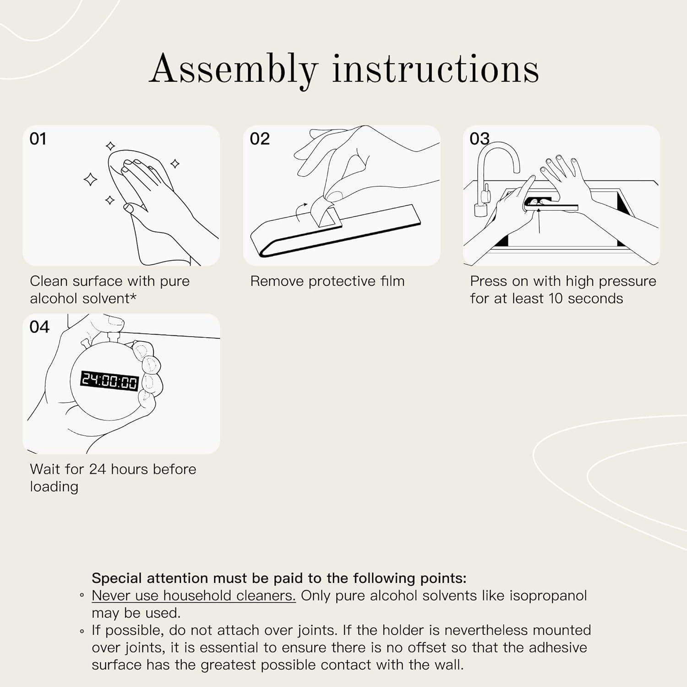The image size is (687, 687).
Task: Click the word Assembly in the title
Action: pos(234,70)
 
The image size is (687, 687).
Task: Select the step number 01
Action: pos(38,139)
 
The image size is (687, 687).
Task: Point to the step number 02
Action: pos(260,139)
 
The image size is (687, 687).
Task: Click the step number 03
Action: pos(480,139)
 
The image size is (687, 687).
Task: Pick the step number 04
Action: pos(39,327)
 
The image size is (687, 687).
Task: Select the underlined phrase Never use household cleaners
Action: pos(194,595)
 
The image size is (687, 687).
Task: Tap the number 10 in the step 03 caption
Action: pos(555,299)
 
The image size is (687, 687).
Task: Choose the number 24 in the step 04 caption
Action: pos(98,469)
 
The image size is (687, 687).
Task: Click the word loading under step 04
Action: pos(54,487)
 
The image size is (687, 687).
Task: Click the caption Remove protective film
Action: pos(327,281)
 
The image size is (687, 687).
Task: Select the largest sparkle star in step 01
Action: pos(91,179)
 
